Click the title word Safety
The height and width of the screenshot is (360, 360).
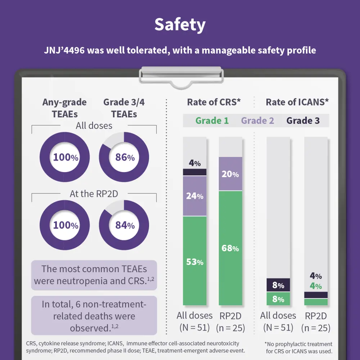click(x=180, y=25)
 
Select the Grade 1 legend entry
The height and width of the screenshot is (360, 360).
click(x=212, y=121)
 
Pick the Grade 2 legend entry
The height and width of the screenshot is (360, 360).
click(x=257, y=121)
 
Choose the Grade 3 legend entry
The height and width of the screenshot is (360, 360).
click(x=303, y=121)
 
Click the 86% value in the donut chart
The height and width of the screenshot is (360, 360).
click(x=125, y=157)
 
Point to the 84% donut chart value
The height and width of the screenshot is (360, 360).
click(x=125, y=225)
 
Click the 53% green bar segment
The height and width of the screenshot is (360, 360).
click(x=195, y=261)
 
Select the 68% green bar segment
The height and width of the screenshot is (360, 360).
click(x=230, y=248)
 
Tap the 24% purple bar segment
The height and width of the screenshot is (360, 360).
click(x=195, y=196)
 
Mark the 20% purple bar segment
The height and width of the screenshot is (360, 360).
click(x=230, y=174)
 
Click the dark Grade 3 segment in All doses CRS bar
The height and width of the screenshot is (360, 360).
click(x=195, y=172)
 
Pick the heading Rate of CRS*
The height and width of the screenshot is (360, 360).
click(x=213, y=102)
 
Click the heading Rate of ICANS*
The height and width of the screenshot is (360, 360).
click(x=297, y=102)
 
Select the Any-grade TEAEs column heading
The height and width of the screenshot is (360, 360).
click(x=64, y=108)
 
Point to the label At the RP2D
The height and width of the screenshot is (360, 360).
click(x=94, y=194)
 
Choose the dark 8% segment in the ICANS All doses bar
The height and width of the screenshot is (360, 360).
click(x=278, y=285)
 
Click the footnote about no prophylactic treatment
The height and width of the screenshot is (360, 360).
click(x=298, y=348)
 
